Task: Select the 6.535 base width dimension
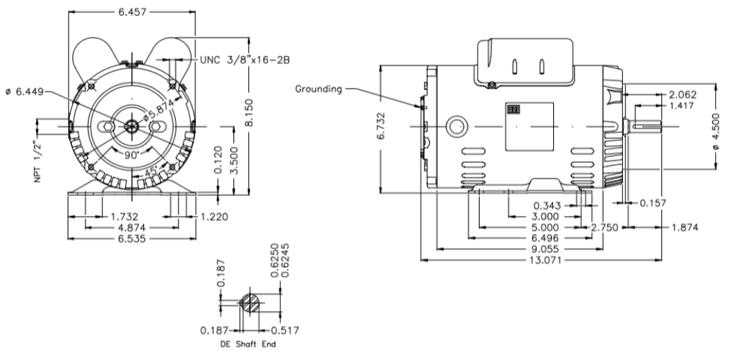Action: (132, 238)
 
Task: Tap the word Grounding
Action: (319, 89)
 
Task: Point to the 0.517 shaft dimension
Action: (284, 330)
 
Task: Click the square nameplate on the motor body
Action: (529, 127)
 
